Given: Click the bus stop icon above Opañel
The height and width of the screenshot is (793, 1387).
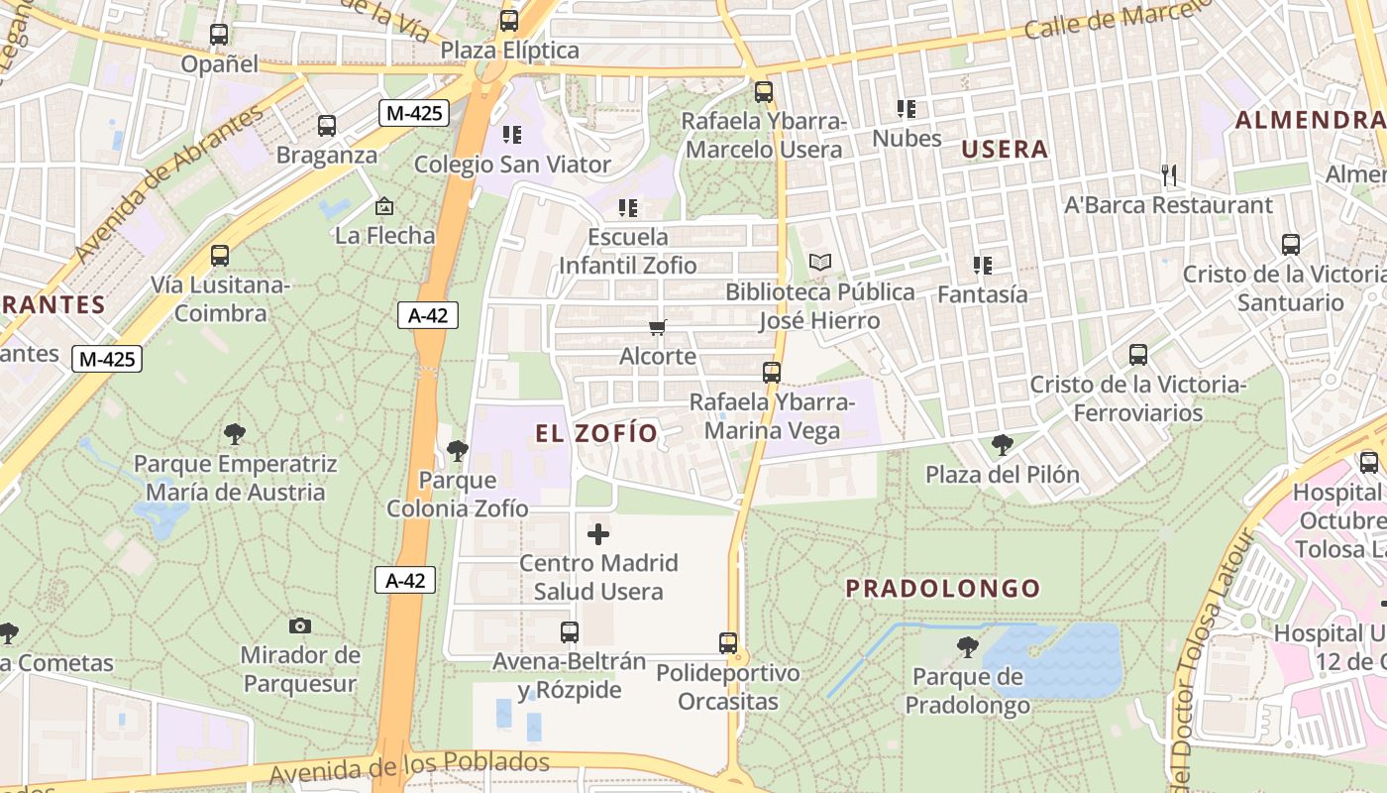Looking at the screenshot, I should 219,35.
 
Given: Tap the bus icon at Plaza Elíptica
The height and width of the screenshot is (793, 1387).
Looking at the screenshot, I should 508,21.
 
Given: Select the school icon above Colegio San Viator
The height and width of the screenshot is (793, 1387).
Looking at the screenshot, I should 511,134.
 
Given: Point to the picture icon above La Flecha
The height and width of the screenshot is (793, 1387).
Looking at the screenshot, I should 384,206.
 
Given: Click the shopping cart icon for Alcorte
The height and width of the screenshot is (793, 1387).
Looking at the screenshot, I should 657,327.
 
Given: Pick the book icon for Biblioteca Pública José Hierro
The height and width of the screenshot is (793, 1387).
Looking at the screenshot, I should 819,263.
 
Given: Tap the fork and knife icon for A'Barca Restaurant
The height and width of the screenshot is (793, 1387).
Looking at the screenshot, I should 1169,175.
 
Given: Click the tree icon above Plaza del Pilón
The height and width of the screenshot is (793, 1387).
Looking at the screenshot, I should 1002,445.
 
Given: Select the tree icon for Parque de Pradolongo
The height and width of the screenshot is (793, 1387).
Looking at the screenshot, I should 967,648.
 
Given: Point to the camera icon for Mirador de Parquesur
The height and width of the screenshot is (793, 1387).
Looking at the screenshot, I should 300,625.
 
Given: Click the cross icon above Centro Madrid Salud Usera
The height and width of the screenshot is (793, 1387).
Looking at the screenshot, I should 598,534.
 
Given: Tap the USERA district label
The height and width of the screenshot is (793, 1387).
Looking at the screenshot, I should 1005,150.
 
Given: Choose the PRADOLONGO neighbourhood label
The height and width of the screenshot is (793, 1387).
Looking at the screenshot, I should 942,589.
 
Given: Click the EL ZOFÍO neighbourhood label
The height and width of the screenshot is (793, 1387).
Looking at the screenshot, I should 596,433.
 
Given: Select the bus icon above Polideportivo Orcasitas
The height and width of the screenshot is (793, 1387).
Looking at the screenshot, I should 728,643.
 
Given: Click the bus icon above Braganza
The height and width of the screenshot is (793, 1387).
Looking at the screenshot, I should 326,126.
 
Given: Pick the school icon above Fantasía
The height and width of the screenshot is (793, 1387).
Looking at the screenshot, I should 982,265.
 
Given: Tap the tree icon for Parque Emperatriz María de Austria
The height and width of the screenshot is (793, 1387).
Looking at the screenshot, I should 235,434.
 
